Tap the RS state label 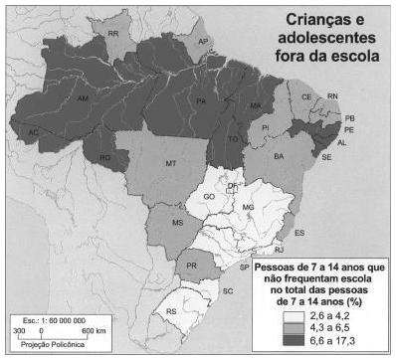pyautogui.click(x=171, y=311)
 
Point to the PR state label pyautogui.click(x=192, y=266)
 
